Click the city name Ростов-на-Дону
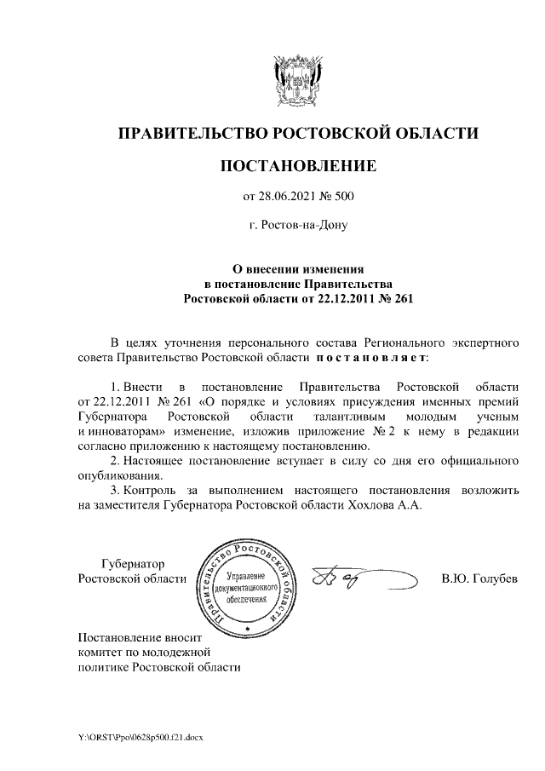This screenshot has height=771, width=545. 297,226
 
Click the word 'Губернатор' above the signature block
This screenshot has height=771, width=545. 133,564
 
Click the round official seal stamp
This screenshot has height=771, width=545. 248,587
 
